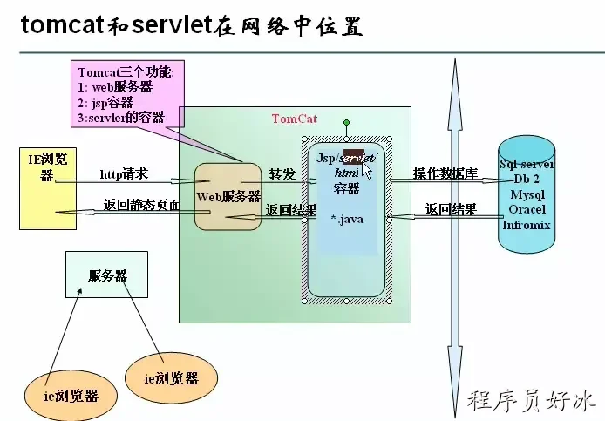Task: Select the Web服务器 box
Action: pos(228,196)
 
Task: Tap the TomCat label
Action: pos(294,119)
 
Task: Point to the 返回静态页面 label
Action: pos(141,206)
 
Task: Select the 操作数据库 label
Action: pos(445,173)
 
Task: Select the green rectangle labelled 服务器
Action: pos(107,275)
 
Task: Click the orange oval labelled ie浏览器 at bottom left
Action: pos(71,395)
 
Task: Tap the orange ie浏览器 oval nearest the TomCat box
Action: pos(170,378)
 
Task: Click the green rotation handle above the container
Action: pos(346,123)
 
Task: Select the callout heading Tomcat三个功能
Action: pos(131,72)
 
